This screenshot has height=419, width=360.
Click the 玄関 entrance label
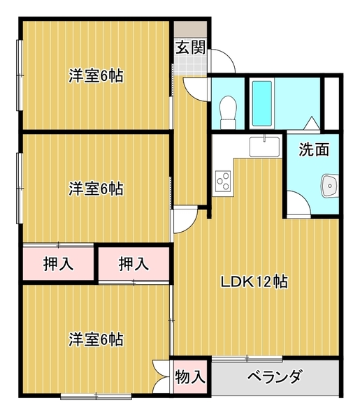[x=189, y=48]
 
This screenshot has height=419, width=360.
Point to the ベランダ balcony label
[x=275, y=378]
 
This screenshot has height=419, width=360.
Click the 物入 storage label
[x=189, y=378]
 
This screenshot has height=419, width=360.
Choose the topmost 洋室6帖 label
[x=96, y=76]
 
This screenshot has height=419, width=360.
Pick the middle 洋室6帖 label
[x=96, y=188]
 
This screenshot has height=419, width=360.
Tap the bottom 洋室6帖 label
[x=96, y=340]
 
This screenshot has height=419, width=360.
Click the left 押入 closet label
[x=57, y=264]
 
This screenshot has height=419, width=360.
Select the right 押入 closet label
[x=133, y=264]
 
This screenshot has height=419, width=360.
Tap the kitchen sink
[x=264, y=147]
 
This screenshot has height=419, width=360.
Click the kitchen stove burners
[x=224, y=182]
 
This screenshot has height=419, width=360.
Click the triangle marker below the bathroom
[x=310, y=124]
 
